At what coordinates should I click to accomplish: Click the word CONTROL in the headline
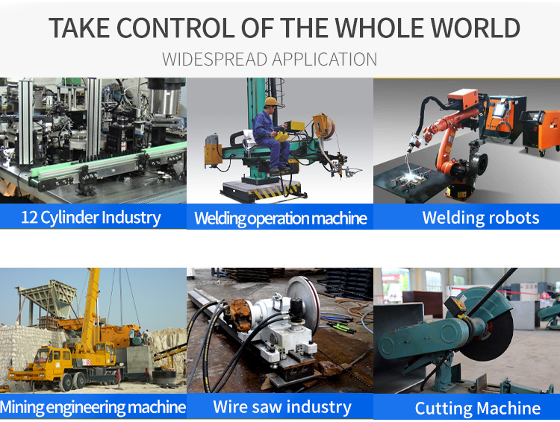click(x=175, y=28)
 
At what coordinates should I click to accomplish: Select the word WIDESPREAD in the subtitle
click(x=214, y=59)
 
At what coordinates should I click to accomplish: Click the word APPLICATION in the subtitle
click(x=325, y=59)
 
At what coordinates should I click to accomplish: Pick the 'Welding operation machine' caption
click(x=280, y=218)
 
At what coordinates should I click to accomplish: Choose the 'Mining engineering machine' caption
click(x=93, y=407)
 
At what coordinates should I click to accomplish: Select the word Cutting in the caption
click(x=443, y=409)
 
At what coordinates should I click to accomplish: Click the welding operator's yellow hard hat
click(x=271, y=101)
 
